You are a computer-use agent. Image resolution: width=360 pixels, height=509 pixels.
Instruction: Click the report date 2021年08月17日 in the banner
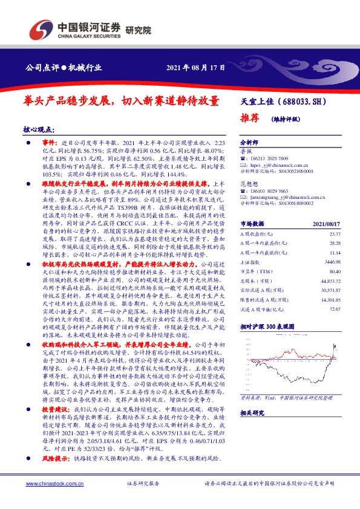coord(191,67)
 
